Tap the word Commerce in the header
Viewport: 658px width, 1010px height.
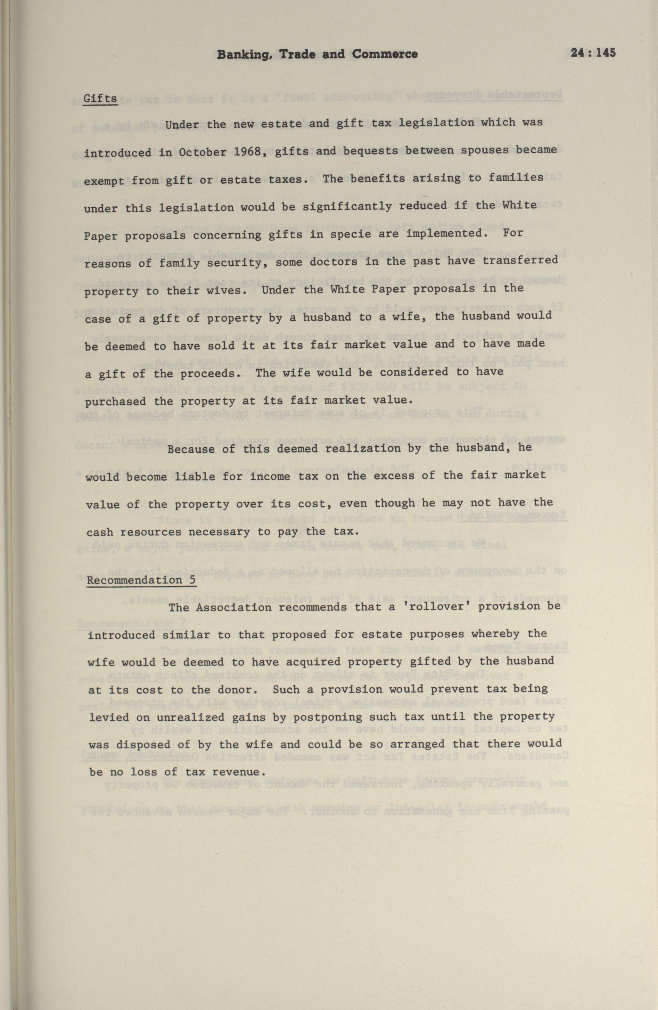click(x=385, y=54)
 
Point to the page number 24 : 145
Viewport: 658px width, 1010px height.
click(x=593, y=53)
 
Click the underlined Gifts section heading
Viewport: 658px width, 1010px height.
click(x=100, y=98)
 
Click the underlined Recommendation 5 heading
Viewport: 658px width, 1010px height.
click(x=141, y=580)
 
